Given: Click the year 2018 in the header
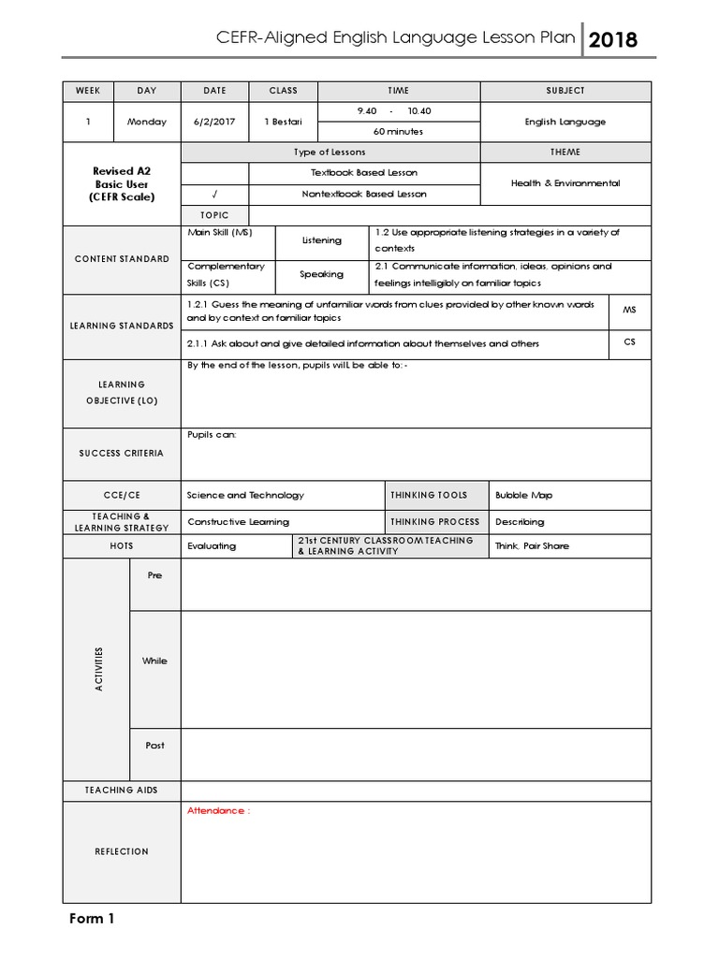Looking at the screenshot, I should [x=614, y=40].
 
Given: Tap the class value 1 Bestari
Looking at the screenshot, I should [x=283, y=122].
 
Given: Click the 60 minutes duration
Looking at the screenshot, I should [x=398, y=132].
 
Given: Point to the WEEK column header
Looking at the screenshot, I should [x=88, y=91].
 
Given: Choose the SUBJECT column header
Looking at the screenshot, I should [x=565, y=91].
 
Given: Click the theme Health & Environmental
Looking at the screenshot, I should [x=565, y=183].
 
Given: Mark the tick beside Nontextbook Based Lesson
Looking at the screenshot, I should [x=214, y=195].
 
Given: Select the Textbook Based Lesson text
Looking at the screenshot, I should [x=364, y=173].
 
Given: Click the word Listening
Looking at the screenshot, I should [x=322, y=240].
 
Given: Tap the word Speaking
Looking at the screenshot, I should [x=321, y=275].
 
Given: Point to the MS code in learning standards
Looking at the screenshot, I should [x=629, y=309].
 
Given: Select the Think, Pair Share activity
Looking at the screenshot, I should [x=532, y=546].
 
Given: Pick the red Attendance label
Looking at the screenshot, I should [x=219, y=811].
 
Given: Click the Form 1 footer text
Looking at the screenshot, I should [x=92, y=919].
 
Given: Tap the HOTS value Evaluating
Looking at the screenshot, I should [x=212, y=546].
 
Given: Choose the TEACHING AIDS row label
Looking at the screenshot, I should [x=122, y=791].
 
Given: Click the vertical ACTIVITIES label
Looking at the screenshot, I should [x=99, y=669].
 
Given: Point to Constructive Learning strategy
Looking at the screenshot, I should [x=238, y=522].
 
